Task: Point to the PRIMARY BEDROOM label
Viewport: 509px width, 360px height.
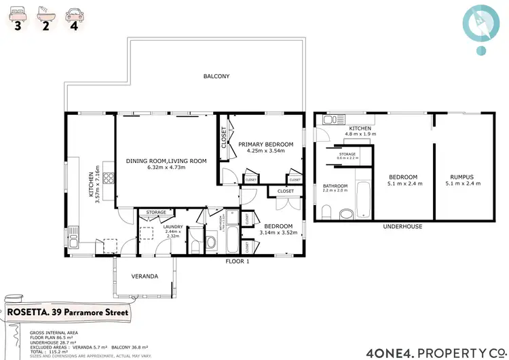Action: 265,144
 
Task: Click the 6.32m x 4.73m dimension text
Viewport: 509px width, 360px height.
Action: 166,170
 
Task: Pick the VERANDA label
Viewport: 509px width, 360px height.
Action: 145,276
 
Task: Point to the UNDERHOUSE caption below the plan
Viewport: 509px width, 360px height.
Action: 402,227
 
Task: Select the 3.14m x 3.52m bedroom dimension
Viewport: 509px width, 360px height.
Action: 279,234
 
